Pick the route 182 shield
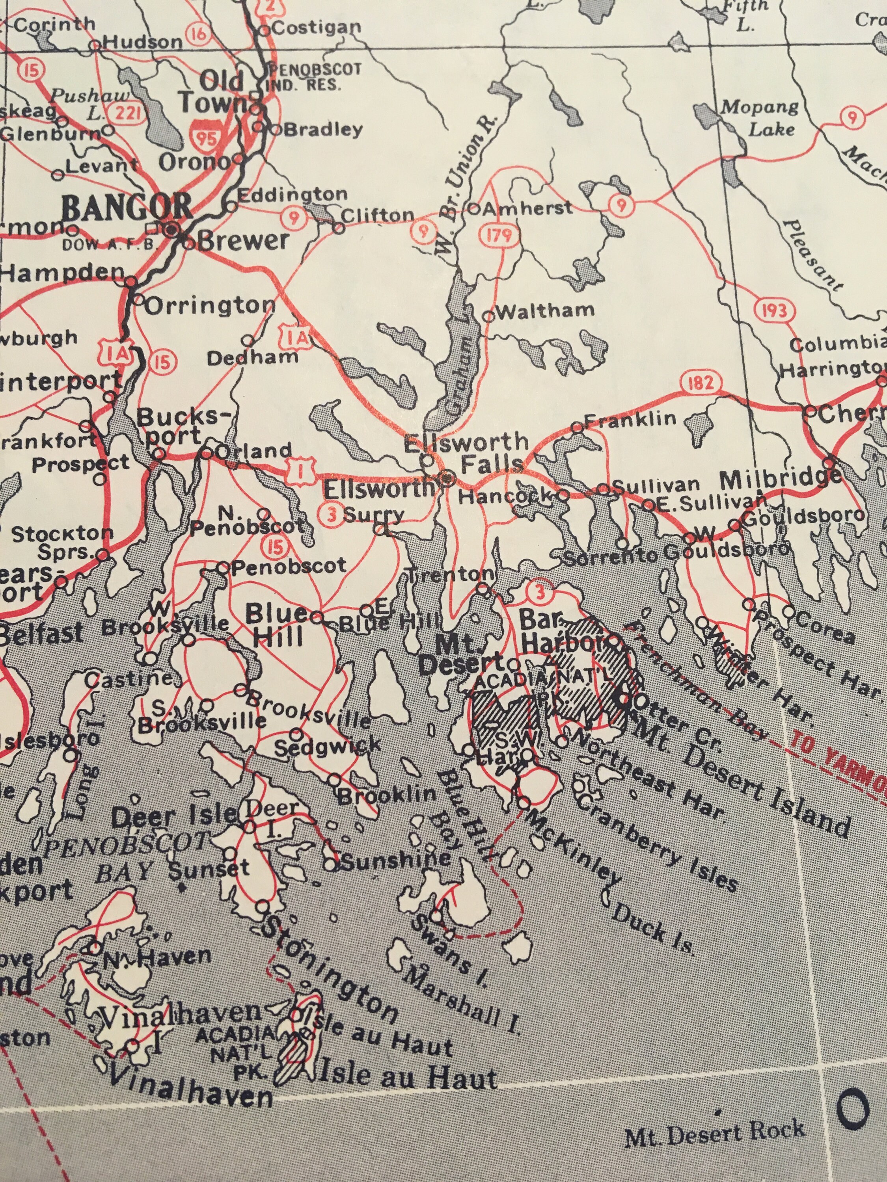click(x=701, y=383)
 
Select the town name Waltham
click(x=544, y=310)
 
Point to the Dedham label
click(x=252, y=357)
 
